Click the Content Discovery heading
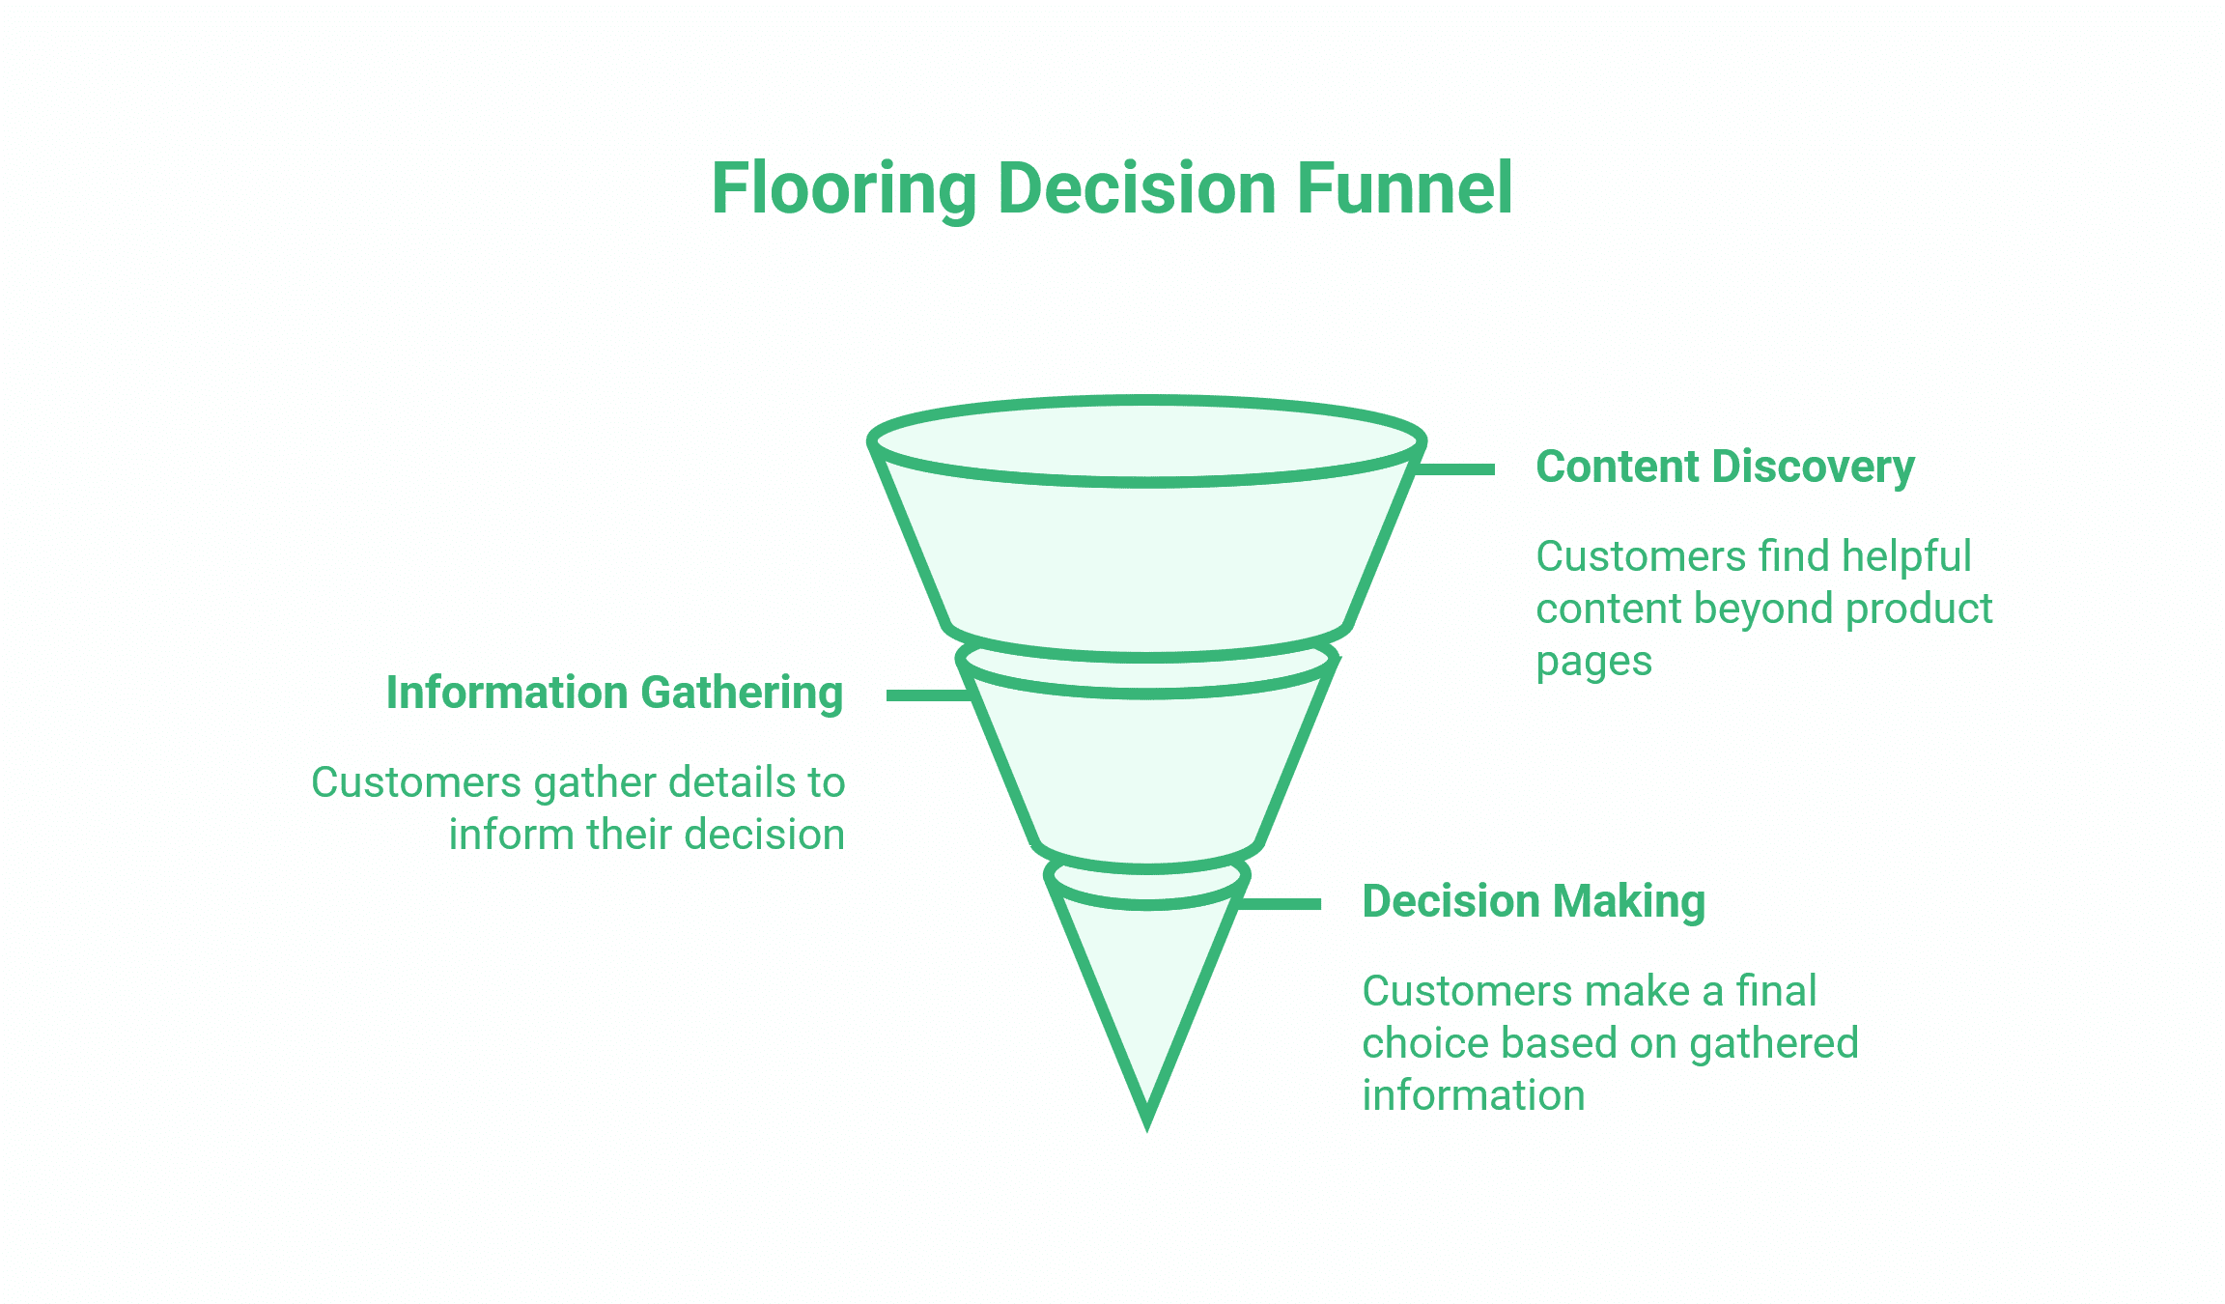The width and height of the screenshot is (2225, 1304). point(1725,468)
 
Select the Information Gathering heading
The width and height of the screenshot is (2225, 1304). point(614,693)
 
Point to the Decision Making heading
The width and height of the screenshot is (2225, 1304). point(1534,901)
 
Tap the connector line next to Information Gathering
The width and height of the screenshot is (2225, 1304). point(927,695)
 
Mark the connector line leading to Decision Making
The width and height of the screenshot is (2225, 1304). point(1280,904)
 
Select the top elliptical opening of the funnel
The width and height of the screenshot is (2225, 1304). point(1146,440)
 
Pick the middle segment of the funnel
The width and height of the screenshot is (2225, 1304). point(1146,773)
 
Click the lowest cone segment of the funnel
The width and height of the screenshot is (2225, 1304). point(1146,985)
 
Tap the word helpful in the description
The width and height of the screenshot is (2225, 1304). point(1905,556)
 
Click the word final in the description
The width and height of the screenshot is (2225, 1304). point(1776,991)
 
